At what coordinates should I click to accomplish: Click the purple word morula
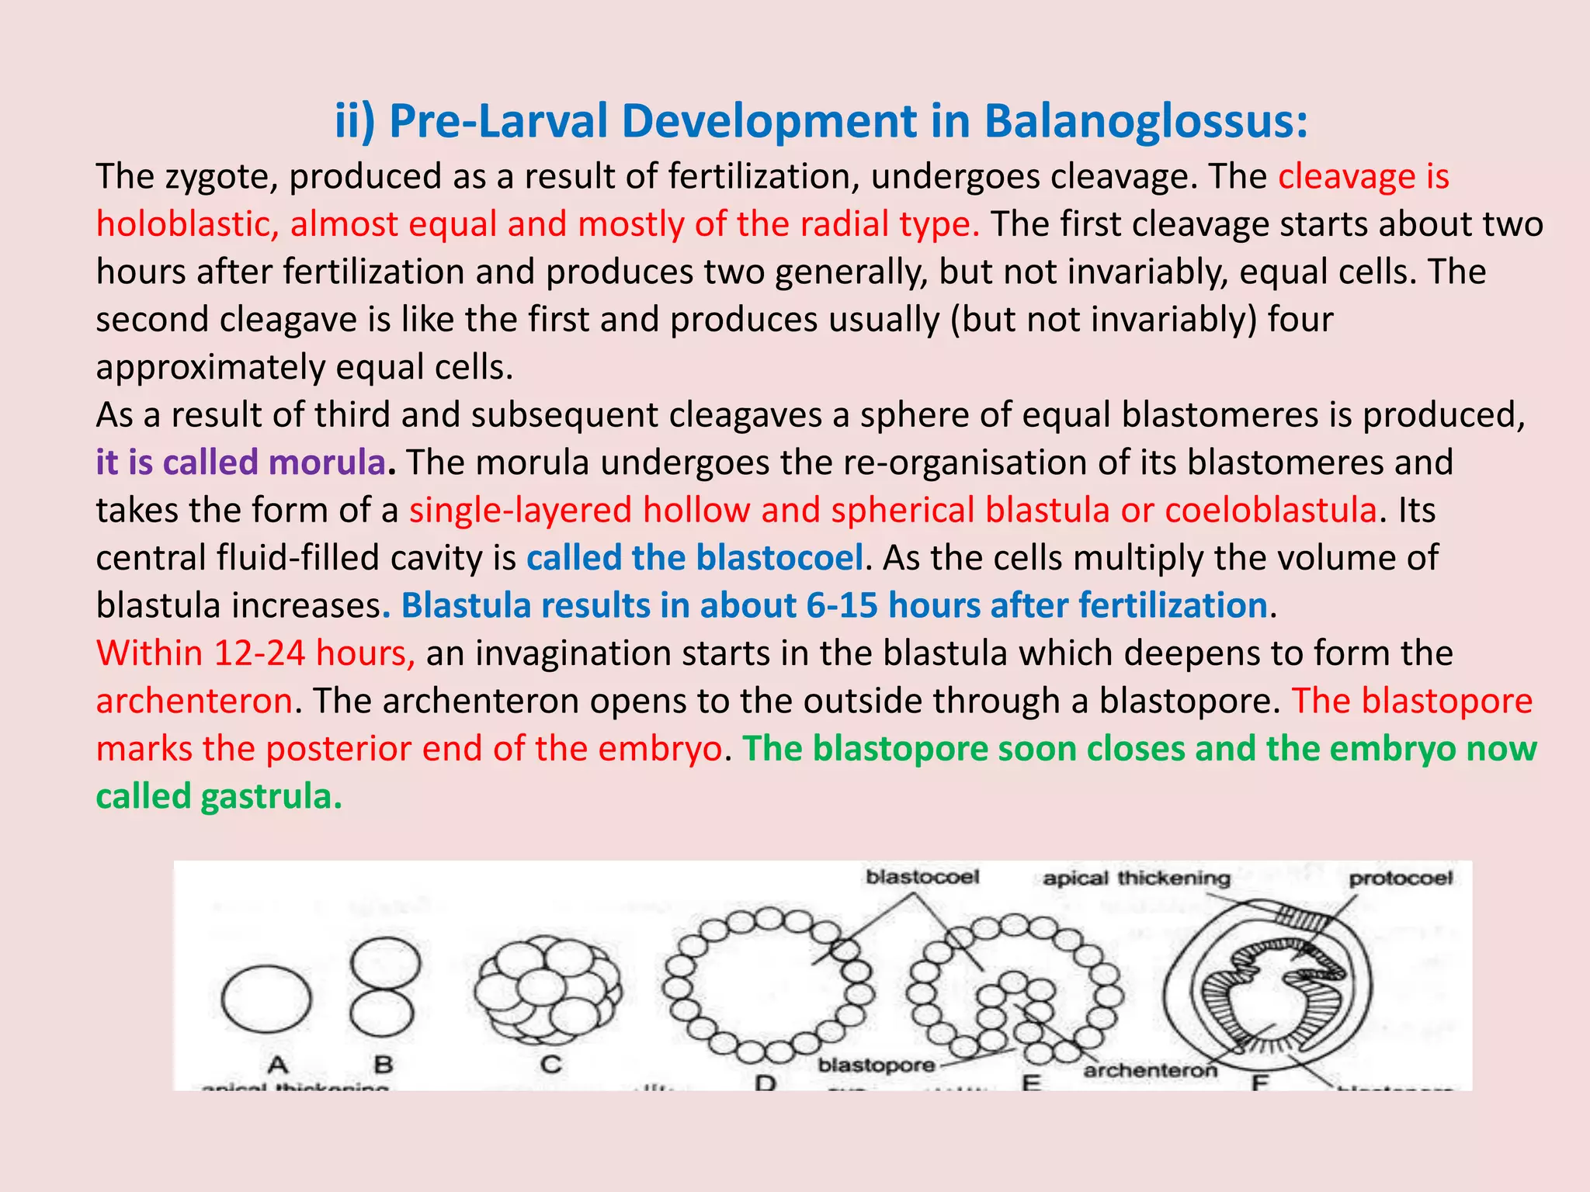[x=327, y=463]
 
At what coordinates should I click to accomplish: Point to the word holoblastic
[x=187, y=224]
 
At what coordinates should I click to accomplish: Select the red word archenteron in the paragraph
[x=194, y=702]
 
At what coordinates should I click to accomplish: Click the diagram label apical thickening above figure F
[x=1137, y=878]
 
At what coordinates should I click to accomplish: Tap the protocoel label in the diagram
[x=1401, y=878]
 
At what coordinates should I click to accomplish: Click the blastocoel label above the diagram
[x=922, y=877]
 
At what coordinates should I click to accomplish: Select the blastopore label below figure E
[x=877, y=1065]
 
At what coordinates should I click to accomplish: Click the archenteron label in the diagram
[x=1150, y=1071]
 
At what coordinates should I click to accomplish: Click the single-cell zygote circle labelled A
[x=266, y=999]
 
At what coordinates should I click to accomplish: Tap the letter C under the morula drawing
[x=550, y=1064]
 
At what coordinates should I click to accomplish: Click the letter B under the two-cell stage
[x=384, y=1064]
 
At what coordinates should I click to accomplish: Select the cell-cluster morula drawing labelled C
[x=549, y=989]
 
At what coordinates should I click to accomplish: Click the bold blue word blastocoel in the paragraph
[x=779, y=558]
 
